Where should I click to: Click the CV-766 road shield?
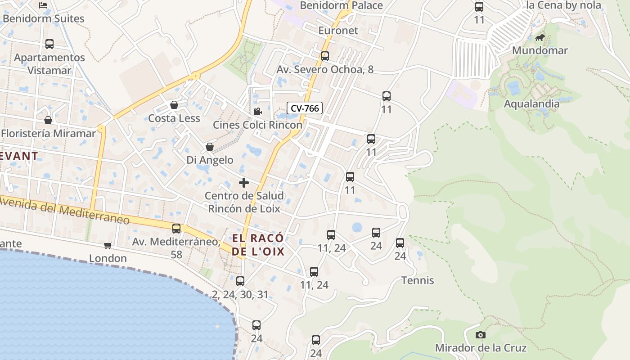(x=305, y=108)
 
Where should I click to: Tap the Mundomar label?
(x=540, y=50)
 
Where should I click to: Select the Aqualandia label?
(x=531, y=103)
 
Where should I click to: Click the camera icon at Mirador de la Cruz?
(x=481, y=335)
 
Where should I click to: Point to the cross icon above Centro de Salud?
(x=244, y=183)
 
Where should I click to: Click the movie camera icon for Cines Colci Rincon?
(x=257, y=112)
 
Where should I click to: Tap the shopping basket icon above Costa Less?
(x=174, y=105)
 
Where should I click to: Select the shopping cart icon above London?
(x=108, y=245)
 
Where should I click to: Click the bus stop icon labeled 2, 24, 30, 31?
(x=240, y=281)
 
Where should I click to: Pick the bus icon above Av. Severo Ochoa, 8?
(x=325, y=56)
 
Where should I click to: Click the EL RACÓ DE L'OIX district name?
(x=258, y=245)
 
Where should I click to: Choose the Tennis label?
(x=418, y=280)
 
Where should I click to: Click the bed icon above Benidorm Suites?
(x=43, y=5)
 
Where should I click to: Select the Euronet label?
(x=338, y=31)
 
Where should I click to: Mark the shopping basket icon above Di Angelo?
(x=210, y=147)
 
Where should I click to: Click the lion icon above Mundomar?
(x=540, y=37)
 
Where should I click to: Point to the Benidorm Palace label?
(x=341, y=5)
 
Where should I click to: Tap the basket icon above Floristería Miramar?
(x=48, y=120)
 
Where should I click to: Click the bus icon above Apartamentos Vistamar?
(x=49, y=44)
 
